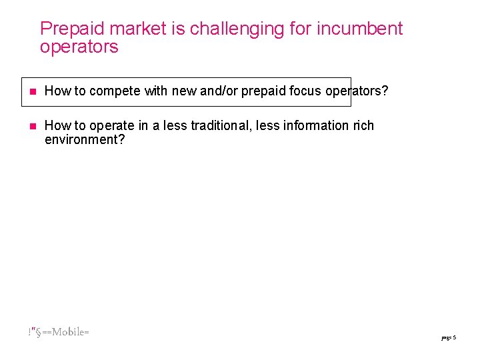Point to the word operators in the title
tap(79, 47)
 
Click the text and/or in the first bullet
tap(218, 91)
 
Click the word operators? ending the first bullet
tap(357, 91)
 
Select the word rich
tap(363, 126)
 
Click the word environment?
tap(85, 140)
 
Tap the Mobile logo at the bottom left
tap(59, 332)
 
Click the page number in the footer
tap(448, 338)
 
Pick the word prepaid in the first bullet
tap(264, 91)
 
